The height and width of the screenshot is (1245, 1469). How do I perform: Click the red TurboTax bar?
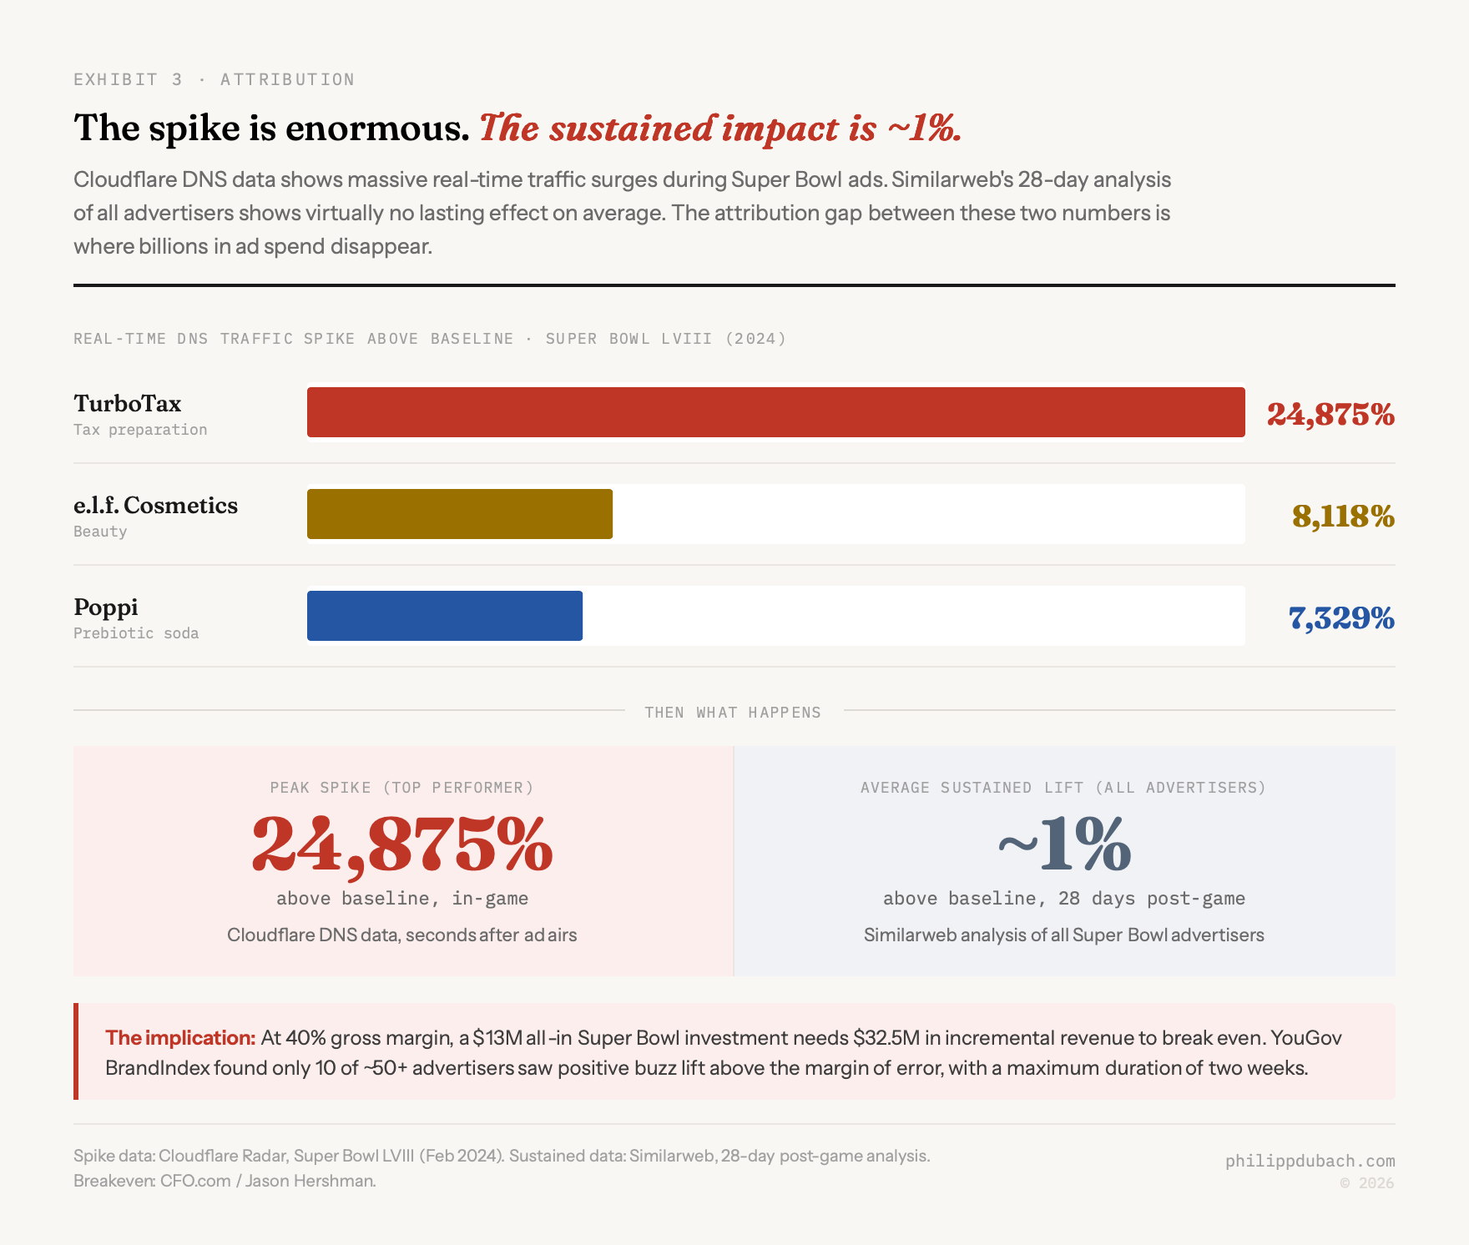(775, 411)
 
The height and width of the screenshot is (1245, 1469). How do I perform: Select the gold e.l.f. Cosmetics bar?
(459, 514)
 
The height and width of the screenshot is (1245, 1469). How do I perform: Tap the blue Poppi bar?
(444, 616)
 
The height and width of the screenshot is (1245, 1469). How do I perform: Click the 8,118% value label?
(1342, 517)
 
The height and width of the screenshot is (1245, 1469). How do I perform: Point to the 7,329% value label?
(1340, 618)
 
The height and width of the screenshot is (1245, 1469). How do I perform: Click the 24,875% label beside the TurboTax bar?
(1330, 414)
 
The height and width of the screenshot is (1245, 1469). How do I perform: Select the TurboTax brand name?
(128, 404)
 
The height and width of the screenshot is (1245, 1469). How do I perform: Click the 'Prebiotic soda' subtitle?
(136, 633)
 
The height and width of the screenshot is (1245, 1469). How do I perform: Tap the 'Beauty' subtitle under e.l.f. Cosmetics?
(100, 532)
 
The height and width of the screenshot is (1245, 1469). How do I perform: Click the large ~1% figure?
(1064, 845)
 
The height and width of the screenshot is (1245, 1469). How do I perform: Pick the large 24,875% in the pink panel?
(402, 845)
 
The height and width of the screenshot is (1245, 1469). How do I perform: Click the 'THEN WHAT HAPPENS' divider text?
(733, 713)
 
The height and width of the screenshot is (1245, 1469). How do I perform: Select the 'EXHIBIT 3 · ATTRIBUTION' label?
(214, 79)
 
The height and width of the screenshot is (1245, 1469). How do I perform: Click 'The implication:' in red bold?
(180, 1038)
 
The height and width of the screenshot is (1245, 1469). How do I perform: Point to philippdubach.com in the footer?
(1310, 1161)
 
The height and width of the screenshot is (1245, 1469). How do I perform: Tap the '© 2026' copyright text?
(1366, 1183)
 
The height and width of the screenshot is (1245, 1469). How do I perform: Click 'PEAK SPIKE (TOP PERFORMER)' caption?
(401, 788)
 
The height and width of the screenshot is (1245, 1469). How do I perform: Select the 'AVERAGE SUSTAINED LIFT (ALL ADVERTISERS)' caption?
(1063, 788)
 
